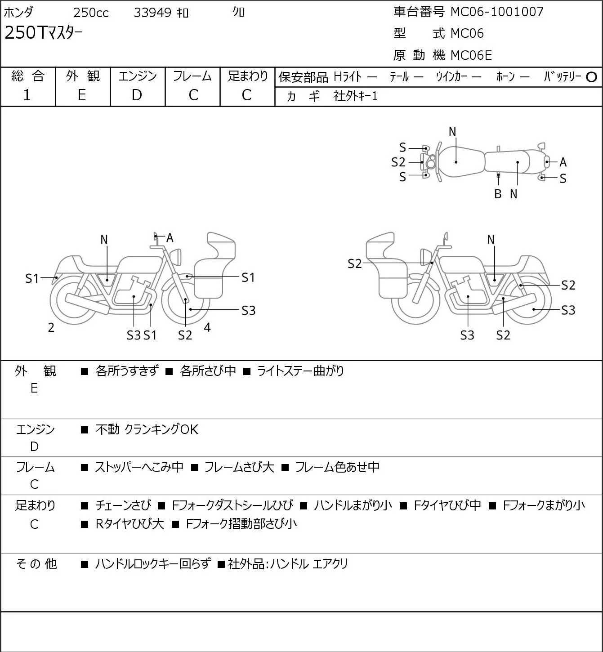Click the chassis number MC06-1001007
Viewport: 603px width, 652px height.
(x=497, y=12)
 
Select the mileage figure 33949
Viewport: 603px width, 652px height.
(x=152, y=13)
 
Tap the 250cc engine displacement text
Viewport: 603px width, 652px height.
(x=91, y=13)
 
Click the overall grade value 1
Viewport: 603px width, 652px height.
(x=27, y=95)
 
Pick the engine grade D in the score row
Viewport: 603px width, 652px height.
(x=137, y=95)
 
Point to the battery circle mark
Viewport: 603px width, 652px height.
(x=591, y=77)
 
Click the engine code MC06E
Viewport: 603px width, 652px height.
(x=471, y=55)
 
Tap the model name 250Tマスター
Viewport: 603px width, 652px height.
(x=43, y=33)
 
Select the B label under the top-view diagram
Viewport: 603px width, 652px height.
(x=498, y=194)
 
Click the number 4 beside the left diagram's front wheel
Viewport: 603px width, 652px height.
(x=207, y=327)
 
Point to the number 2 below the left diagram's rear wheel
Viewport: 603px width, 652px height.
(x=51, y=327)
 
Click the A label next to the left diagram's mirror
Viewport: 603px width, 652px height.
(x=170, y=237)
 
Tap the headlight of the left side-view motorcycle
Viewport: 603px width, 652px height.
(x=175, y=257)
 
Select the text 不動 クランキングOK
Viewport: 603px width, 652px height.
(x=147, y=429)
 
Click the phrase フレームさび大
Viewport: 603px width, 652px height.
(x=239, y=467)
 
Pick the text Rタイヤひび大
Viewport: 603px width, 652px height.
(x=130, y=524)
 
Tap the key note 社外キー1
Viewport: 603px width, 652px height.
(x=356, y=96)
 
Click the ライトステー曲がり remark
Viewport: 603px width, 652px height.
(x=300, y=371)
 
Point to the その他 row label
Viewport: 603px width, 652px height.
(x=36, y=564)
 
